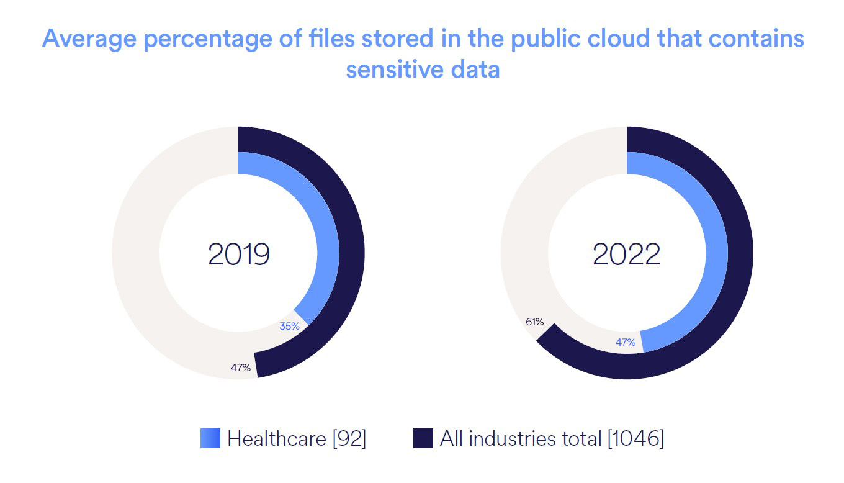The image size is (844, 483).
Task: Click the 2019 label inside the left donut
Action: [x=239, y=254]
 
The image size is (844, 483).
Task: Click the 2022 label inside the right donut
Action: [x=627, y=254]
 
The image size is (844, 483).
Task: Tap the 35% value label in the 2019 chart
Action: [x=289, y=326]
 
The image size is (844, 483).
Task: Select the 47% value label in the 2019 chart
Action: [x=241, y=368]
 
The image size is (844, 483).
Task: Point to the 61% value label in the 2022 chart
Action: [x=534, y=322]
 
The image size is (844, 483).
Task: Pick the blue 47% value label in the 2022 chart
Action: [x=625, y=342]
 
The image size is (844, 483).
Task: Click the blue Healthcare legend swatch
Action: [x=210, y=438]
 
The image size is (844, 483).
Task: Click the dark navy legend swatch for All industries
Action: [x=423, y=438]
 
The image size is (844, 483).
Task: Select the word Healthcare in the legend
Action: [x=277, y=439]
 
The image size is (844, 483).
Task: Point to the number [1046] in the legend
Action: [x=635, y=439]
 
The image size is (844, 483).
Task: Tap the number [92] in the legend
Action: [x=349, y=439]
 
